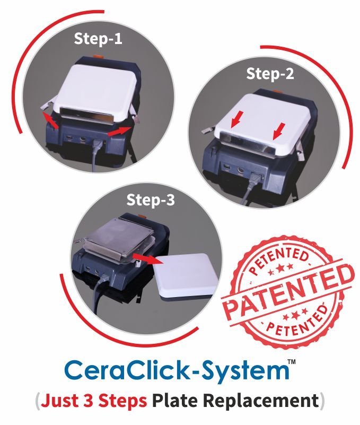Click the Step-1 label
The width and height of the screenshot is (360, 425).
[x=98, y=39]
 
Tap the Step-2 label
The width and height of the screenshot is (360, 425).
[x=270, y=73]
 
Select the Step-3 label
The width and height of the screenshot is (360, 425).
[x=151, y=200]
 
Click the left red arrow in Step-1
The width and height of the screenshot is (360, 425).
[x=51, y=120]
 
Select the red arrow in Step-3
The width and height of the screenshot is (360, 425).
[x=147, y=258]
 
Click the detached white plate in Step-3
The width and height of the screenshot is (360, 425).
[x=187, y=276]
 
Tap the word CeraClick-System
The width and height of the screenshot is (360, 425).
[x=177, y=370]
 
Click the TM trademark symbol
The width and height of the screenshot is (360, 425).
[x=292, y=361]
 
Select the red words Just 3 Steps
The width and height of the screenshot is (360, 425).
[x=94, y=401]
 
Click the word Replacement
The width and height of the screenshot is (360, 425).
[x=261, y=401]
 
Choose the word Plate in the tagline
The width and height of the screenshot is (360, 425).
[x=175, y=401]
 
